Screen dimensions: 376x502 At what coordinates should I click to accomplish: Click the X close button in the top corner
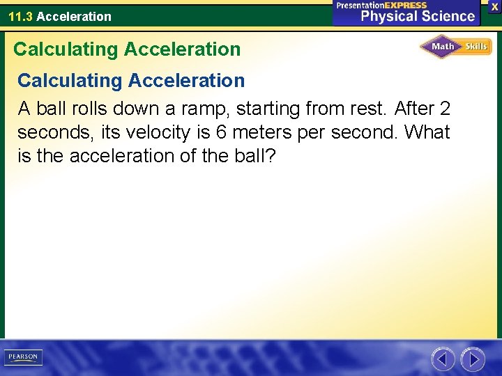(494, 6)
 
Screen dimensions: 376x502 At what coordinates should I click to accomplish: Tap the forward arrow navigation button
(473, 359)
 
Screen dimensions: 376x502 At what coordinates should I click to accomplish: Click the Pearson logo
(22, 357)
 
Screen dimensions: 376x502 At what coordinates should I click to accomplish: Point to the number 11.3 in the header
(20, 16)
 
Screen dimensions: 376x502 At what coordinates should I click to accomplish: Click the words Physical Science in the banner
(417, 17)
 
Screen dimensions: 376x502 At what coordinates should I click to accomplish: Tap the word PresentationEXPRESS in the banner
(381, 5)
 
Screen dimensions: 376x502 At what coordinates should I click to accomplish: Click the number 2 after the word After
(445, 109)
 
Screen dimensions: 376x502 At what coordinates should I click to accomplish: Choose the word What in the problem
(427, 132)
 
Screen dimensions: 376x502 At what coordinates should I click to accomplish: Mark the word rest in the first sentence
(370, 109)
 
